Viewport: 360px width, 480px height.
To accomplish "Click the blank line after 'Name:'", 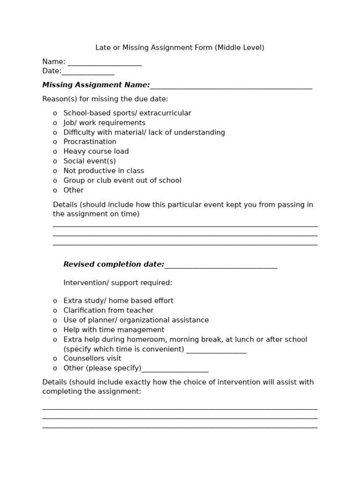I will click(105, 63).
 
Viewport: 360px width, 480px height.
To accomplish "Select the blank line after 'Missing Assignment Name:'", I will click(231, 86).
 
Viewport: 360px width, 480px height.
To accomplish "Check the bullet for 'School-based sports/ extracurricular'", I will click(55, 113).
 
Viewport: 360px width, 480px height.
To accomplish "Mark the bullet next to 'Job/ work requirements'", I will click(55, 123).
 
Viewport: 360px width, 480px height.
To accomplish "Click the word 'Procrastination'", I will click(90, 142).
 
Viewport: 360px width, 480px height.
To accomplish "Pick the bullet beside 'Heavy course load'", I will click(55, 152).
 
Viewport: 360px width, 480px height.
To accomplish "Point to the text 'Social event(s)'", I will click(90, 161).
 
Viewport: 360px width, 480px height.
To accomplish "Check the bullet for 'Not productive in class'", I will click(55, 171).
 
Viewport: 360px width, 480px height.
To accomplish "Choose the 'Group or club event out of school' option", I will click(122, 180).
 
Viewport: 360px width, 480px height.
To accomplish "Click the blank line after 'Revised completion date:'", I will click(221, 266).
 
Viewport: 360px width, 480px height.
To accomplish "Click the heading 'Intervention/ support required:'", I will click(118, 283).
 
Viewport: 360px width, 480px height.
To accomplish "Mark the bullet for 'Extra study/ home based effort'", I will click(55, 301).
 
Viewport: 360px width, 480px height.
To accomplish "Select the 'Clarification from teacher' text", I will click(108, 310).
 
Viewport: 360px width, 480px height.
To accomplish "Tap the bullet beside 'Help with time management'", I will click(55, 330).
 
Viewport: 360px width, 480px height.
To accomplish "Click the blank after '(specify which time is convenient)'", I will click(216, 350).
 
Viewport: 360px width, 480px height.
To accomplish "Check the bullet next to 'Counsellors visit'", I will click(55, 359).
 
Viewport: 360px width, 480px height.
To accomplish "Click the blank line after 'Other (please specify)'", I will click(175, 369).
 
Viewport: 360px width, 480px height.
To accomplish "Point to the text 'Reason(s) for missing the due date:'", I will click(105, 99).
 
